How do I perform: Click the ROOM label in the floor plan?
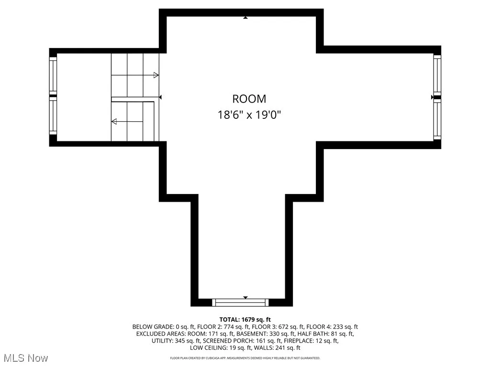pos(249,99)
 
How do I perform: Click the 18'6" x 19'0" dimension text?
pos(249,115)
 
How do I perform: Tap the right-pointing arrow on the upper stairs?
pos(156,75)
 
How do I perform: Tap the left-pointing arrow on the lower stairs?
pos(114,122)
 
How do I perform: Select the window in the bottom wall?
pos(241,302)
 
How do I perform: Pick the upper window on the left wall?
pos(53,76)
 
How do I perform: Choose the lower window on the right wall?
pos(437,120)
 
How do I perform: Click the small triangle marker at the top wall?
pos(245,18)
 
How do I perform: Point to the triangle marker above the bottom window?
pos(245,298)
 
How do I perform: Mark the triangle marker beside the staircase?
pos(161,97)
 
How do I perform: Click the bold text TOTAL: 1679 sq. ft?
pos(245,320)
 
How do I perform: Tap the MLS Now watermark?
pos(26,358)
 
